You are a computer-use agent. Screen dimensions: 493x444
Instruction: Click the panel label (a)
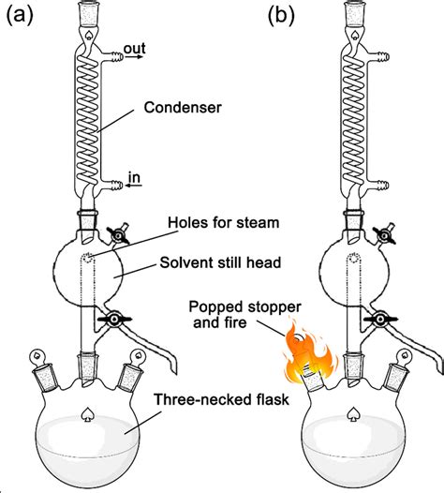pos(22,15)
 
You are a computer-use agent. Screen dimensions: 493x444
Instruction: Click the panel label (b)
pos(284,15)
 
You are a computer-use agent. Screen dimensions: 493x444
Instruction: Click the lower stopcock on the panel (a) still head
pos(113,321)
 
